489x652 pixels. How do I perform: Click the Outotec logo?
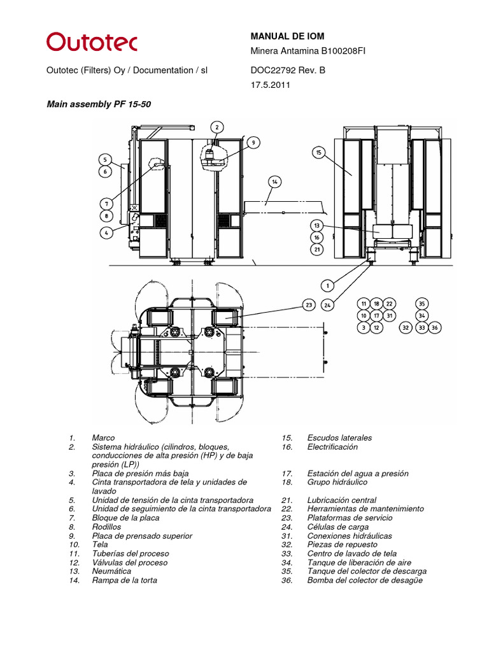point(91,43)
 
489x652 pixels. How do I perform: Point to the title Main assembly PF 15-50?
point(99,103)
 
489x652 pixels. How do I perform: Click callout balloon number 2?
point(217,127)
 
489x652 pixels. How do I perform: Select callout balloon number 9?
point(253,143)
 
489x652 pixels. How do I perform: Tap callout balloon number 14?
point(274,181)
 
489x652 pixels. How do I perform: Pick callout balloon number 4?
point(106,232)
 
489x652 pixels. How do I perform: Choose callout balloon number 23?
point(309,305)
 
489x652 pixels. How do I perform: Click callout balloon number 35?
point(422,304)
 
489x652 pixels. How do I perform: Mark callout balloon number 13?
point(317,225)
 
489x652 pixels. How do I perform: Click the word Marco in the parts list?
point(103,438)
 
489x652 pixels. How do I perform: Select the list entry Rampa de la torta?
point(124,580)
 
